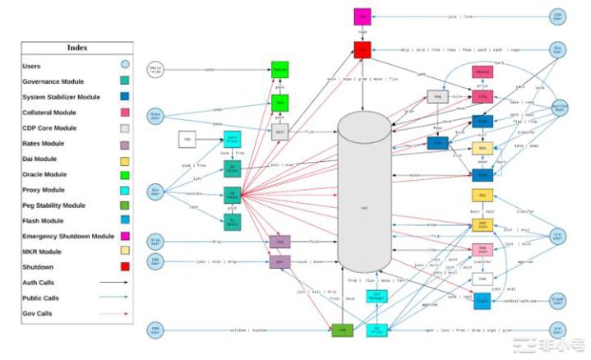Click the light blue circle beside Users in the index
coord(125,65)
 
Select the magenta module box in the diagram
coord(362,16)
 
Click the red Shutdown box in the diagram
coord(362,49)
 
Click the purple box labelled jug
coord(279,242)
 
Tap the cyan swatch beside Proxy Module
coord(125,189)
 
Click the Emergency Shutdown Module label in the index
coord(68,236)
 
